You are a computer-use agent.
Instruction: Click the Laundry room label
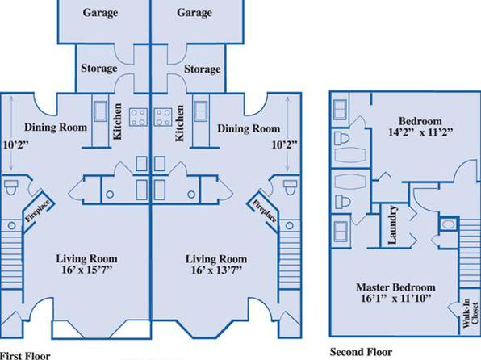tap(393, 225)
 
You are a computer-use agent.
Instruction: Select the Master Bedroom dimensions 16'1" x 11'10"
tap(396, 299)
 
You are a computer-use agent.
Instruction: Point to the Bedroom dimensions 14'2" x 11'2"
tap(420, 132)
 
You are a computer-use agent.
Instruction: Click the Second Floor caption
tap(361, 352)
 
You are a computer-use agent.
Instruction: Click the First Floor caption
tap(25, 356)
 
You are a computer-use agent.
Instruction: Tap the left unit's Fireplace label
tap(37, 211)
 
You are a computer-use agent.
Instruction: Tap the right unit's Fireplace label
tap(265, 211)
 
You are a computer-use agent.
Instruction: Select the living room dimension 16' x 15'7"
tap(87, 270)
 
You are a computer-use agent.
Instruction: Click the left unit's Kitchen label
tap(118, 122)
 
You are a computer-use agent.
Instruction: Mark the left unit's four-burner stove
tap(138, 117)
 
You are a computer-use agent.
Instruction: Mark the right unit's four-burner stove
tap(163, 117)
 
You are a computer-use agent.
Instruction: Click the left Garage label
tap(100, 13)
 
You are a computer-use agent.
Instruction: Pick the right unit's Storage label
tap(202, 69)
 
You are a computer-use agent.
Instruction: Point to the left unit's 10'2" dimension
tap(15, 144)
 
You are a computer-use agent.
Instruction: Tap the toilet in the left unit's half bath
tap(11, 187)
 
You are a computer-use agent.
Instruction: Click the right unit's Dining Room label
tap(249, 128)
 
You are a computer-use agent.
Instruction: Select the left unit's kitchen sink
tap(101, 111)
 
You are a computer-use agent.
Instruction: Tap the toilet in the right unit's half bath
tap(291, 187)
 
